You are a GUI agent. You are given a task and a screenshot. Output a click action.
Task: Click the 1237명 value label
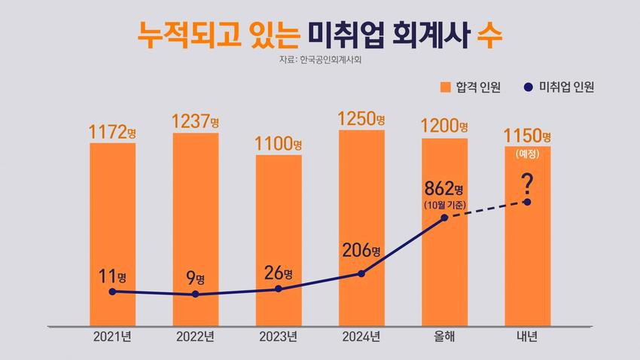tap(195, 121)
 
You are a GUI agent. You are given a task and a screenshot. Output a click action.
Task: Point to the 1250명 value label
tap(361, 119)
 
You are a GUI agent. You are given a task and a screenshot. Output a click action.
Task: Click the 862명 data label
tap(443, 187)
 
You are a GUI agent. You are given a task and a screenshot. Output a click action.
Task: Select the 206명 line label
tap(361, 250)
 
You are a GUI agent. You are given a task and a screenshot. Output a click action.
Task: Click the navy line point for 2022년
tap(196, 294)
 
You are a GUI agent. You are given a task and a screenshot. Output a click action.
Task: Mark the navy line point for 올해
tap(444, 218)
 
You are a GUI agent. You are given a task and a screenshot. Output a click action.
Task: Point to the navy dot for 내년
tap(527, 202)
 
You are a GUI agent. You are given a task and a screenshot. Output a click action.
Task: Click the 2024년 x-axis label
tap(361, 336)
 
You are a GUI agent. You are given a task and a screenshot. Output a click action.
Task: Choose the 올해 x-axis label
tap(444, 336)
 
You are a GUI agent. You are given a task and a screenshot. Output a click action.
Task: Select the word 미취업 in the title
tap(342, 35)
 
